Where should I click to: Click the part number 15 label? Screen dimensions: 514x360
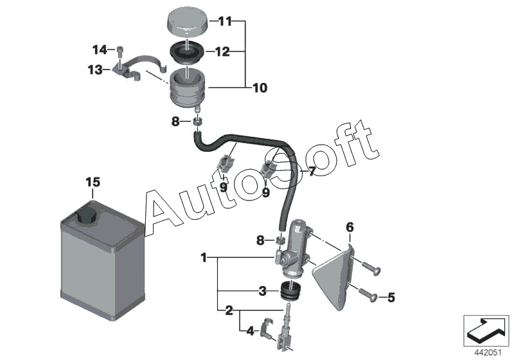[93, 183]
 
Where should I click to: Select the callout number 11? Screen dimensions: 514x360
[224, 22]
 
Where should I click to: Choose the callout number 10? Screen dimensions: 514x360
[260, 87]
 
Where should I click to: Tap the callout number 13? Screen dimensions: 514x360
[95, 70]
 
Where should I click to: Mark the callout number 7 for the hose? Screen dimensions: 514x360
[312, 172]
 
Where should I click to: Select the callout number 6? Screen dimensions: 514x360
[350, 227]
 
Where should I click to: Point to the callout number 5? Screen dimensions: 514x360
[391, 297]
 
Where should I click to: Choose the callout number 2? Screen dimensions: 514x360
[228, 312]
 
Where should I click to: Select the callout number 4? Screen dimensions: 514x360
[250, 332]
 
